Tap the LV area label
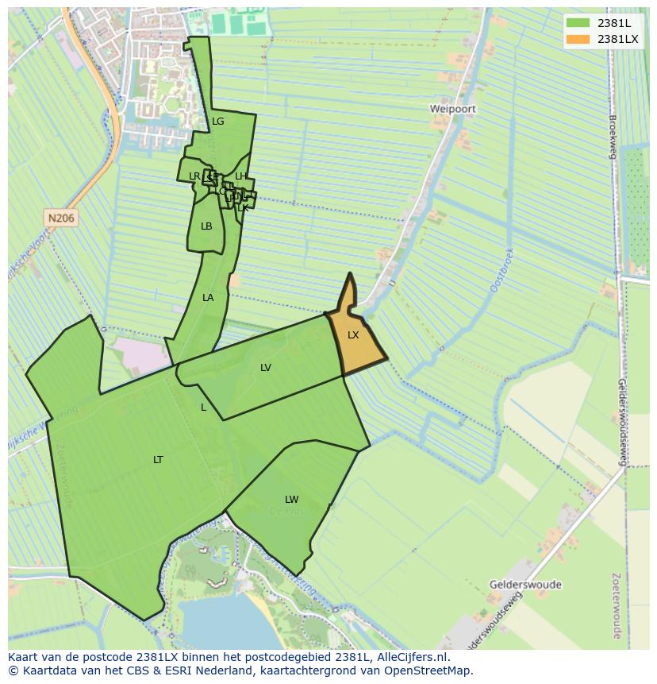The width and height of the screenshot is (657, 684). (x=266, y=368)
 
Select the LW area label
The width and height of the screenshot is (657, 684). (x=292, y=500)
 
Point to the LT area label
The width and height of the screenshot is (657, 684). (x=158, y=460)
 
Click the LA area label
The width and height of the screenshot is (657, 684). (x=208, y=298)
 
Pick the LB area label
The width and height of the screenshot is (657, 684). (x=206, y=226)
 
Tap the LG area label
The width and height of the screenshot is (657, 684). (x=218, y=122)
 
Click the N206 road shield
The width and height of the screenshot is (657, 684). (x=60, y=218)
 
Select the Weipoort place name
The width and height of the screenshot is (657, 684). (x=453, y=108)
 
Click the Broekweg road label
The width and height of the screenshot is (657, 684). (x=613, y=137)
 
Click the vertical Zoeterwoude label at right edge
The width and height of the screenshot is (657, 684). (x=617, y=605)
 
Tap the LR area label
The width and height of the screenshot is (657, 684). (x=194, y=176)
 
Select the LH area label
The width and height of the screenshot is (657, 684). (x=241, y=176)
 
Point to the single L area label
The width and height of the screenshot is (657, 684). (x=203, y=408)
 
